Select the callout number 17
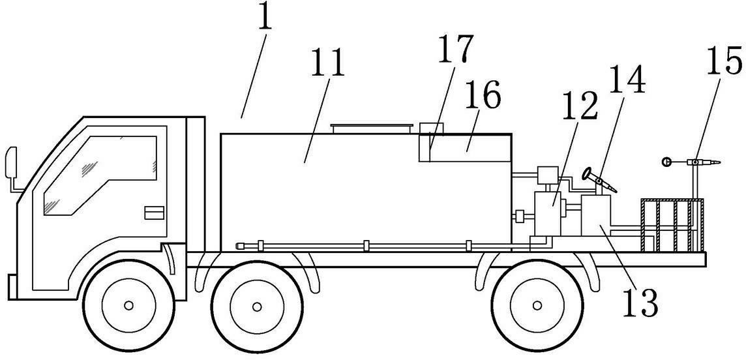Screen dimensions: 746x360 pos(455,48)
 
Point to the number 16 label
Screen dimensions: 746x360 pos(483,95)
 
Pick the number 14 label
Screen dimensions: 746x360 pos(627,79)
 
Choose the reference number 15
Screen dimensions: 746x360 pos(724,61)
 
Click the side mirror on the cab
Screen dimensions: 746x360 pos(10,162)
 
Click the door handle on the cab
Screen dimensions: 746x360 pos(154,213)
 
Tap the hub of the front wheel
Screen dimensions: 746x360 pos(128,305)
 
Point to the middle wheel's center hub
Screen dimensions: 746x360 pos(257,307)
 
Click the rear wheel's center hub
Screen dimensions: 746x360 pos(537,305)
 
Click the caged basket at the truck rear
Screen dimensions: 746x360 pos(672,225)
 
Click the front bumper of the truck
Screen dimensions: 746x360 pos(13,287)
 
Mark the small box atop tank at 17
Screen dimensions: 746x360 pos(431,128)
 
